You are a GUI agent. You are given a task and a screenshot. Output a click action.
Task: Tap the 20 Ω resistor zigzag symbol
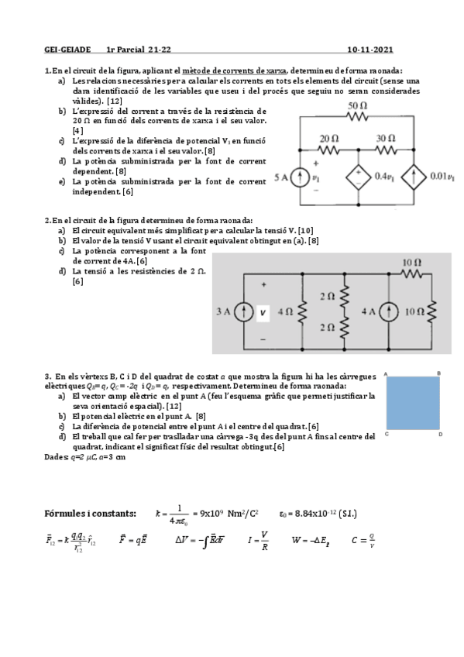click(330, 150)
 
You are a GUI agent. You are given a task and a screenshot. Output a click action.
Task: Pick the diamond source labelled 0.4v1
click(358, 177)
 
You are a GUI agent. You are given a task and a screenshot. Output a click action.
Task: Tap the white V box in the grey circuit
click(263, 313)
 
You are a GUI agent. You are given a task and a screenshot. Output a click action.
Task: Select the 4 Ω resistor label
click(284, 313)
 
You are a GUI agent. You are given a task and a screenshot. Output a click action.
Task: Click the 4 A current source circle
click(390, 312)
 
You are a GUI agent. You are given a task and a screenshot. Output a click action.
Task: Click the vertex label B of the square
click(439, 374)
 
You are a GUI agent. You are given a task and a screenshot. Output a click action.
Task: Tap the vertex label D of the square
click(439, 435)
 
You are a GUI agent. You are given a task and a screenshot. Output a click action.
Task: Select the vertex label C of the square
click(386, 435)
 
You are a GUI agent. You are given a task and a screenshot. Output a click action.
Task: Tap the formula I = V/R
click(259, 539)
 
